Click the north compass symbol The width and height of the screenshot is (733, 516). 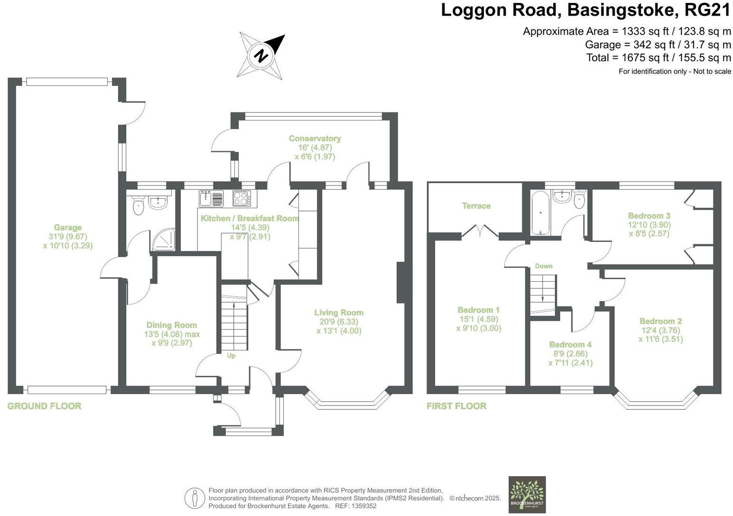[x=261, y=55]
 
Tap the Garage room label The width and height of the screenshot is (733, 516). [x=67, y=228]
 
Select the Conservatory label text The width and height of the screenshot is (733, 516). [x=315, y=138]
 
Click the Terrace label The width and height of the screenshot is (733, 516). [x=476, y=206]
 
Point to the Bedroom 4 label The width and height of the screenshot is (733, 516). [x=570, y=345]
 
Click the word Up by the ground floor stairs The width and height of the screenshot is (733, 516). [x=231, y=356]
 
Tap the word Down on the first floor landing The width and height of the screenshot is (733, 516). [x=544, y=266]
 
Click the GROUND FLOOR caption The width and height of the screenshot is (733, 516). [x=45, y=406]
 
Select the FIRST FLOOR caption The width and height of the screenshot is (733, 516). [x=456, y=406]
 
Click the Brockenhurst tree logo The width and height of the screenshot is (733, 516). [x=527, y=494]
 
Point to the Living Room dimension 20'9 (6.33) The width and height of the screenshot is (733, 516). [x=339, y=322]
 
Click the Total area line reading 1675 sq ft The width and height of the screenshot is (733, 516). [x=659, y=58]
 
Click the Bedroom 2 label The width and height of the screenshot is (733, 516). [x=660, y=321]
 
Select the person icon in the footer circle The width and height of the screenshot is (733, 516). [x=195, y=498]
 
